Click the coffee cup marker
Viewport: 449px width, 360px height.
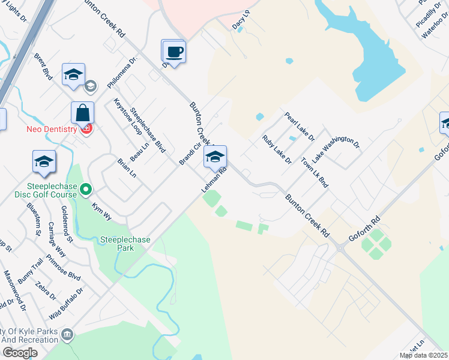point(173,52)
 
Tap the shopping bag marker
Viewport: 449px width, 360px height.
point(82,113)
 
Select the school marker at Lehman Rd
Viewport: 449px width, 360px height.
point(215,157)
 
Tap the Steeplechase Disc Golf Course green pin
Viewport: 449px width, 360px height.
point(86,190)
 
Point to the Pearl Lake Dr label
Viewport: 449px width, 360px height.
point(300,127)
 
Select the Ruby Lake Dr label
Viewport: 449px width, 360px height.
point(276,149)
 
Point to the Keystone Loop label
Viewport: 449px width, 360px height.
point(127,116)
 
